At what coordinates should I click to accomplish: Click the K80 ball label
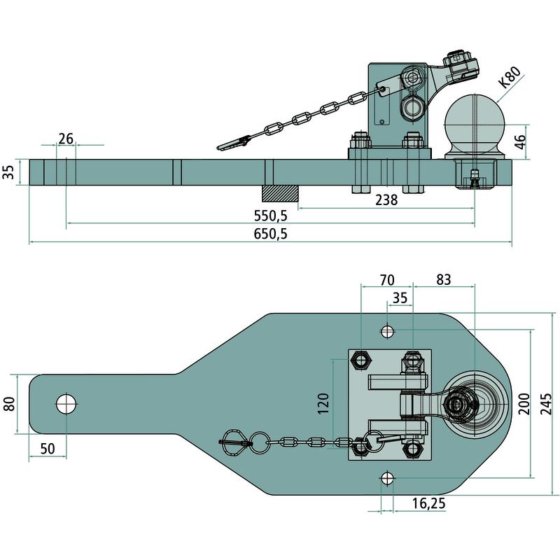click(510, 78)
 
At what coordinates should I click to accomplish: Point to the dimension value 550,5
click(272, 215)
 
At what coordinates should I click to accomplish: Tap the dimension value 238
click(386, 200)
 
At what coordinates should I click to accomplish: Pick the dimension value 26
click(66, 139)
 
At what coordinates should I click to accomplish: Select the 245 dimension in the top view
click(551, 403)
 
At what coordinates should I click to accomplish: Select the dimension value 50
click(48, 448)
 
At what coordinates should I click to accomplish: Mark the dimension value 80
click(10, 405)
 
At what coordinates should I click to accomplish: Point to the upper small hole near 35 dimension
click(387, 330)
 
